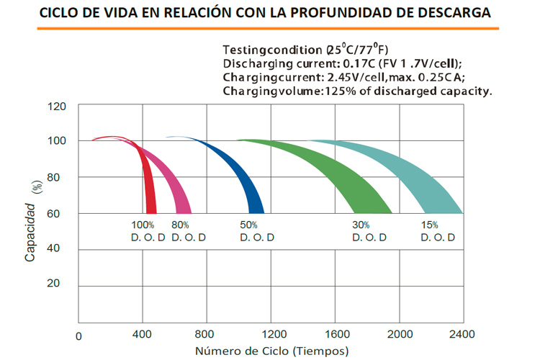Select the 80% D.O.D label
pos(189,231)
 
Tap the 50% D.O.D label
pos(258,231)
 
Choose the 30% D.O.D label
pos(369,231)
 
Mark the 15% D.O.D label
pos(436,231)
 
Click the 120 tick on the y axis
pos(57,107)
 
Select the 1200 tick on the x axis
pos(272,335)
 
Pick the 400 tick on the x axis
pos(144,335)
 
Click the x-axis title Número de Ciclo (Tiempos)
pos(271,351)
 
